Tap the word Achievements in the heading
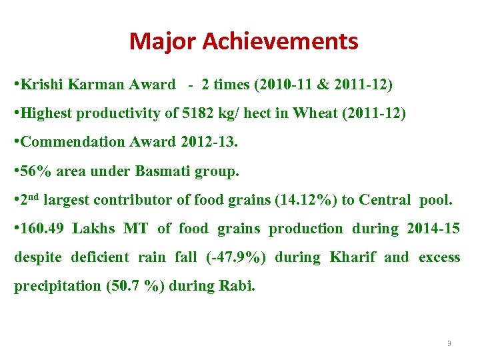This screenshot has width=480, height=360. (280, 41)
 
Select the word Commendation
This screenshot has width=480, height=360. (65, 142)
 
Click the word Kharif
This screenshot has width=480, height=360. (353, 257)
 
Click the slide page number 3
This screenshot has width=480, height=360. (449, 343)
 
